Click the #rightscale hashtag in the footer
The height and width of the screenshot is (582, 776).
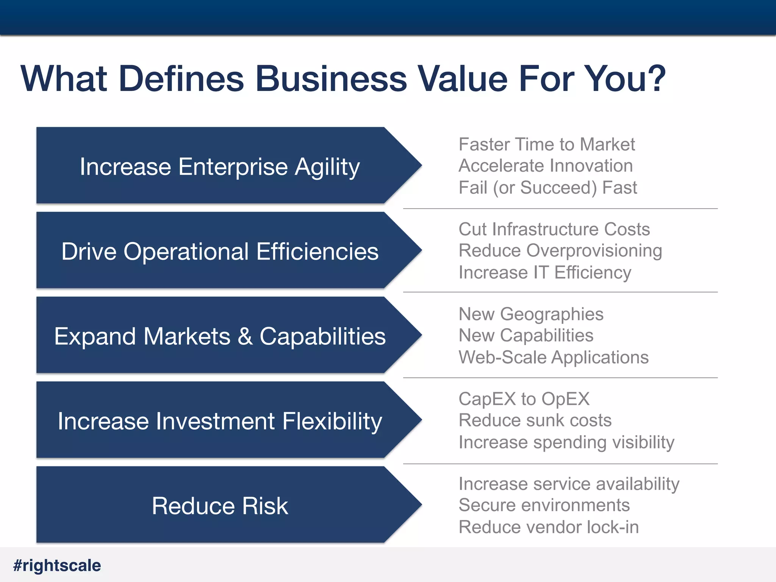57,565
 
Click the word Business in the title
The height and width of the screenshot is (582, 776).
331,79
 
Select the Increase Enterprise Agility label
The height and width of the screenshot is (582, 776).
220,167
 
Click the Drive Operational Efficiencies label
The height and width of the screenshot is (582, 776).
220,252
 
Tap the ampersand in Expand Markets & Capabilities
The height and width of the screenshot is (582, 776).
245,336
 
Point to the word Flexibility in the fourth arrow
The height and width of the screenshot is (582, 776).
332,421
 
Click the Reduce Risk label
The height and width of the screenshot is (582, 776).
220,506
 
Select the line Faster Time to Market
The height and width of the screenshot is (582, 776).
546,144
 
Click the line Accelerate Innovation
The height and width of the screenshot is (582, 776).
546,166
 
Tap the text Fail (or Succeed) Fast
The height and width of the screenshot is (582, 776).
548,188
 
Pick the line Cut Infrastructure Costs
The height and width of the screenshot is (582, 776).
554,229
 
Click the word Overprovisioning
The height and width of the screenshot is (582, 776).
594,251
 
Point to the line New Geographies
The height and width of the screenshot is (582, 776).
531,314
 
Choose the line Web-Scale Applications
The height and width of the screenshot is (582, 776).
553,357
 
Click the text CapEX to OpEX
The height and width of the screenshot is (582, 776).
524,399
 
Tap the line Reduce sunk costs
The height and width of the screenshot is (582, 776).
535,420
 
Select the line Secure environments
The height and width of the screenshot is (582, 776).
544,505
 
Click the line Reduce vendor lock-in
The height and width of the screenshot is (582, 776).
549,527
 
